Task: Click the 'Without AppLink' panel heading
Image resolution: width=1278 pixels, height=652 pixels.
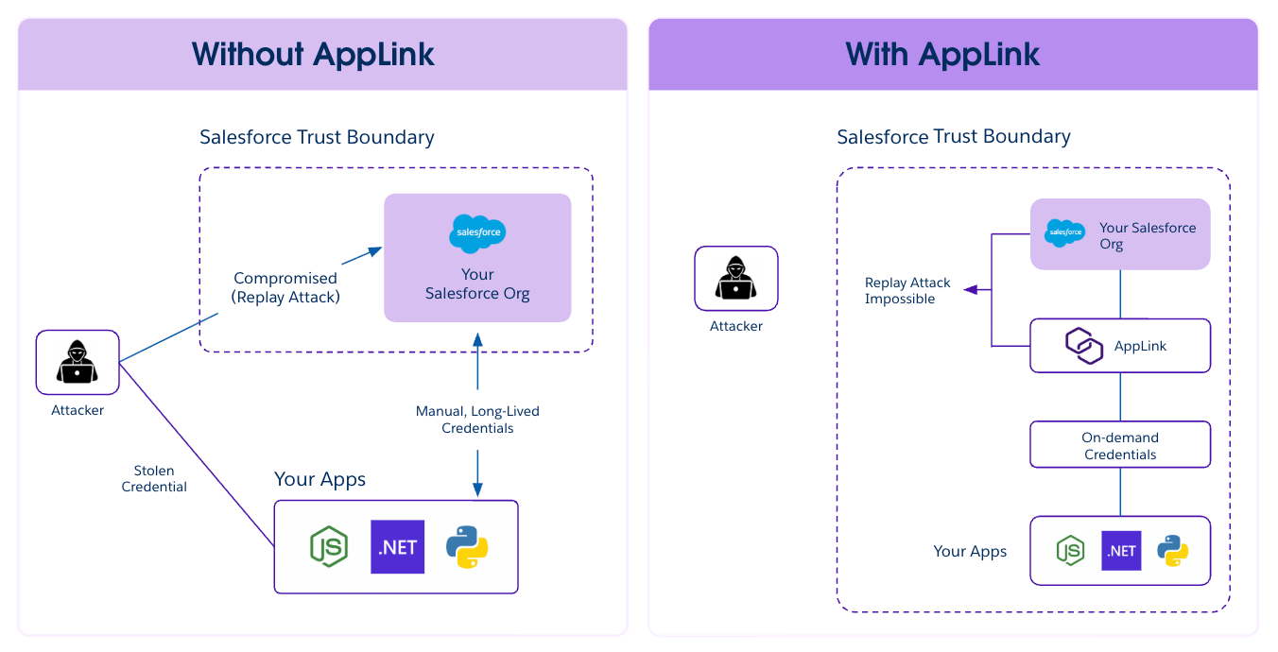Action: tap(313, 54)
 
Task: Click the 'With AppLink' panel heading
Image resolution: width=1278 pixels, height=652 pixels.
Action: tap(942, 54)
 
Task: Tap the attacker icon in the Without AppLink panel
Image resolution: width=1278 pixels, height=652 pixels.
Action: tap(78, 362)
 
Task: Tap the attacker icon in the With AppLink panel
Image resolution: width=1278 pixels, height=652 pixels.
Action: tap(736, 279)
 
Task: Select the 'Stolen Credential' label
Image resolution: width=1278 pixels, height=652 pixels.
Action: tap(154, 479)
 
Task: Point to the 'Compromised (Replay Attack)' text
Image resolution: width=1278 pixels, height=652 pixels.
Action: tap(285, 287)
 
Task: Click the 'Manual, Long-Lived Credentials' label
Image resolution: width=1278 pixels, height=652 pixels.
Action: tap(477, 420)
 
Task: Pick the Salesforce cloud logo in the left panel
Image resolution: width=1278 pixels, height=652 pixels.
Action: tap(477, 233)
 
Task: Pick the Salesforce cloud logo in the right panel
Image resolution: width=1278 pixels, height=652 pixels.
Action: tap(1065, 232)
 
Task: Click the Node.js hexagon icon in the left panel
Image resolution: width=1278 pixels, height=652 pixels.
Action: tap(329, 546)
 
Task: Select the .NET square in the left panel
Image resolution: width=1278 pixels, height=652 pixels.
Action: tap(397, 546)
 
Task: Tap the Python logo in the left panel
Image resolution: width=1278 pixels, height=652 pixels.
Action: tap(466, 546)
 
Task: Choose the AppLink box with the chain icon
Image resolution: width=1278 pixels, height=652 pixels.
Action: tap(1120, 346)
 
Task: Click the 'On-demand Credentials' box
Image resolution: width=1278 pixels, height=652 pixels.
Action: tap(1120, 445)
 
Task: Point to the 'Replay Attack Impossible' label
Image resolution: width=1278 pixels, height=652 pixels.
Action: tap(907, 291)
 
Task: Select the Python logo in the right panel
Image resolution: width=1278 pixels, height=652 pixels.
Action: tap(1172, 550)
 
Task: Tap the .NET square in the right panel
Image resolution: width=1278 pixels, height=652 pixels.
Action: tap(1121, 550)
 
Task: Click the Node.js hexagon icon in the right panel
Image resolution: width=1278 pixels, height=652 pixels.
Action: tap(1070, 550)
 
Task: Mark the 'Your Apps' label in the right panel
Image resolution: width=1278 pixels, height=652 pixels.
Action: tap(970, 551)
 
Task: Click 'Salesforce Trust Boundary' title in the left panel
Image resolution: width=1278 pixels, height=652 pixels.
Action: tap(317, 137)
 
